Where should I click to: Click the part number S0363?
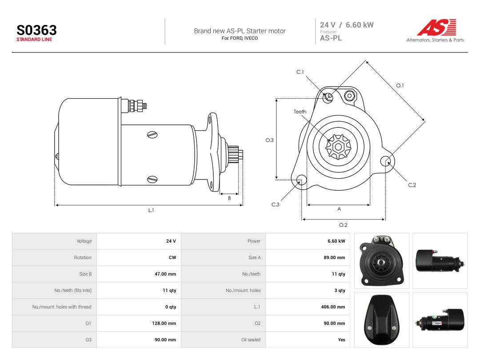36,30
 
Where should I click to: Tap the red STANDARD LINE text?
34,40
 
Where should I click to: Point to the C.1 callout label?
300,72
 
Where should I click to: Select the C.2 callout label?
412,185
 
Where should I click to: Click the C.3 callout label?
275,204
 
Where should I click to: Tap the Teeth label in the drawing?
300,112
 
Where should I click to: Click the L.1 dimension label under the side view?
151,210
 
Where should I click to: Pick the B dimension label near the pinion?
229,198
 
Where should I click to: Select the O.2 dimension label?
343,225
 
